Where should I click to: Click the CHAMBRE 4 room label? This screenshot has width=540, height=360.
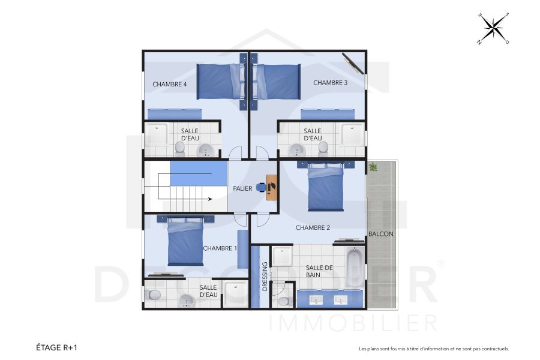coord(170,84)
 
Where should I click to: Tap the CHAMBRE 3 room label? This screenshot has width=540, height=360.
coord(330,83)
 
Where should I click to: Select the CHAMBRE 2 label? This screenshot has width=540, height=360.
coord(313,227)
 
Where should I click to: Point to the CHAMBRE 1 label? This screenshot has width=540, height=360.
coord(220,248)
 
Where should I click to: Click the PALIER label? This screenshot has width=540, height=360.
coord(242,189)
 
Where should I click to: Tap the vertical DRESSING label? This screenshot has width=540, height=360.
coord(265,276)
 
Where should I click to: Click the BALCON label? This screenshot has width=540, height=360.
coord(381,234)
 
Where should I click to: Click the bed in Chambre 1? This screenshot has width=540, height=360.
coord(186,242)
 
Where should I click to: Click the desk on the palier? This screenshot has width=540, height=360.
coord(272,187)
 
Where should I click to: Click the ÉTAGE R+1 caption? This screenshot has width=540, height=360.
coord(56,347)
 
